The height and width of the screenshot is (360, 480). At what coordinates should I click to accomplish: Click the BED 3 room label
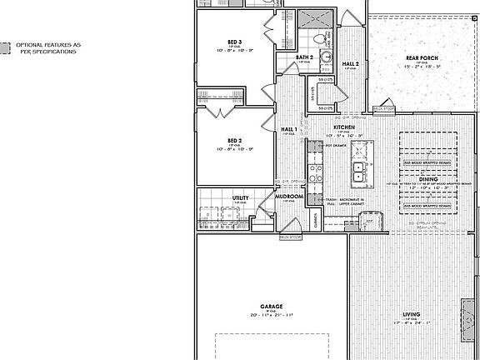click(x=234, y=41)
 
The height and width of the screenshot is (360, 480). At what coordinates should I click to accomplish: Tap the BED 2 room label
click(x=234, y=140)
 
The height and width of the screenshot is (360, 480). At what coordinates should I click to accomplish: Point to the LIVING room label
click(x=411, y=313)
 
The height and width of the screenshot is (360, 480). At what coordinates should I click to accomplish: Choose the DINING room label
click(x=427, y=178)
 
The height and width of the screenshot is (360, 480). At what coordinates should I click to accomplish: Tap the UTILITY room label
click(x=240, y=197)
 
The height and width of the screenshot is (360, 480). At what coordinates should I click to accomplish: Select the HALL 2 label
click(x=351, y=63)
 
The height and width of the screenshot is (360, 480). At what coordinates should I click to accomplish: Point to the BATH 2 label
click(x=305, y=57)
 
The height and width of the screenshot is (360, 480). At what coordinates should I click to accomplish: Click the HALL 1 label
click(x=288, y=129)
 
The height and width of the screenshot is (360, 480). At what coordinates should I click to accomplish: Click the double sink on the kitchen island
click(x=358, y=172)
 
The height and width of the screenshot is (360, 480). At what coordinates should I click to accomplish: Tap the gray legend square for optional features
click(x=6, y=48)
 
